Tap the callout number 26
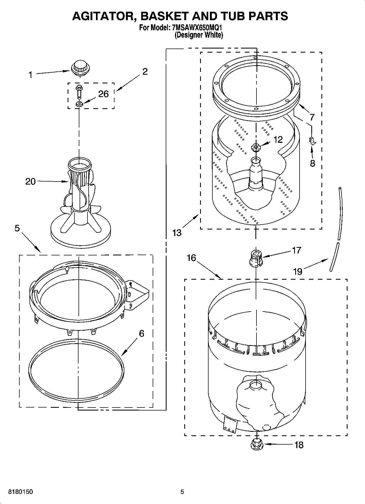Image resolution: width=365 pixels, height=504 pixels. [x=103, y=94]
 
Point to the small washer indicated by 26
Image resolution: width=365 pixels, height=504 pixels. [x=79, y=104]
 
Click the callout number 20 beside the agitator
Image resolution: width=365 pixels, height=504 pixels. [x=30, y=182]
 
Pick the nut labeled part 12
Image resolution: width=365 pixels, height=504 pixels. [x=256, y=148]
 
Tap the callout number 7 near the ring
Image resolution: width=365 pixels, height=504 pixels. [x=312, y=117]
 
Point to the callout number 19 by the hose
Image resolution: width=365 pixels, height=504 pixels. [x=298, y=272]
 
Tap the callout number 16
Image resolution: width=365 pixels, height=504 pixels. [x=192, y=258]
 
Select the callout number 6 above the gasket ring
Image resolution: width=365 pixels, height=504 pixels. [x=141, y=333]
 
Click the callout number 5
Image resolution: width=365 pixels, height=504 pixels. [x=17, y=228]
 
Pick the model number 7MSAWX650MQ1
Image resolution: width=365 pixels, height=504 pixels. [x=195, y=28]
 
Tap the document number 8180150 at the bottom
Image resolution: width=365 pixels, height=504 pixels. [x=21, y=492]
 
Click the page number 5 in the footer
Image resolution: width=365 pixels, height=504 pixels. [x=182, y=492]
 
